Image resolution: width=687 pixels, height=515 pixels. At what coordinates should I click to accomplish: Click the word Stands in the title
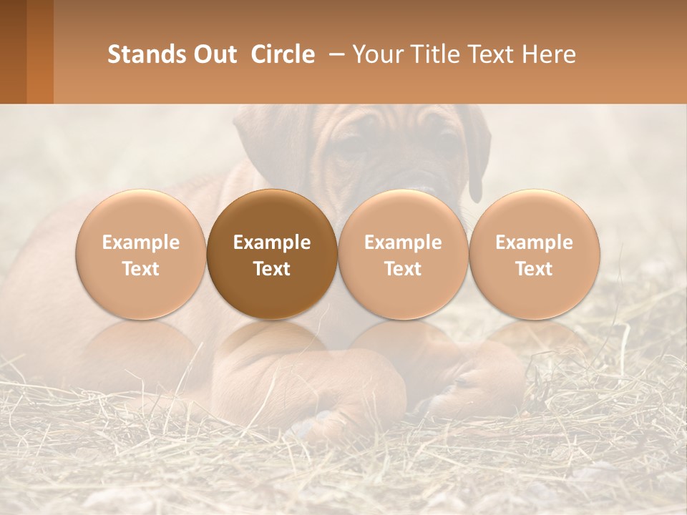pos(140,54)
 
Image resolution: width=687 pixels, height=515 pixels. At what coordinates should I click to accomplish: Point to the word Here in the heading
pos(549,54)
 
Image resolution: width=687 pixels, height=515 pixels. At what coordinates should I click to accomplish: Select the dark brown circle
pos(272,254)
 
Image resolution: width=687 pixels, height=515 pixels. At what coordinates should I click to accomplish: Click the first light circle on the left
pos(141,254)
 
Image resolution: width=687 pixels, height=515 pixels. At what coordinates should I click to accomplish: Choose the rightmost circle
pos(534,254)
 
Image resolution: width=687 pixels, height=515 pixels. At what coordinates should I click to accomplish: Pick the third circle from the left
pos(403,254)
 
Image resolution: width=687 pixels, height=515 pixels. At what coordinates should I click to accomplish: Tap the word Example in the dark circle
pos(272,242)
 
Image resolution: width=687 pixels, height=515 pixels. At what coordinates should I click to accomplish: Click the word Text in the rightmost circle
pos(534,269)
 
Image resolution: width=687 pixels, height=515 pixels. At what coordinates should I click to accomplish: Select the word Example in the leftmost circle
pos(141,242)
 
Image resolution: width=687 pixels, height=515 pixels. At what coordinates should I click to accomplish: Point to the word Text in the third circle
pos(403,269)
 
